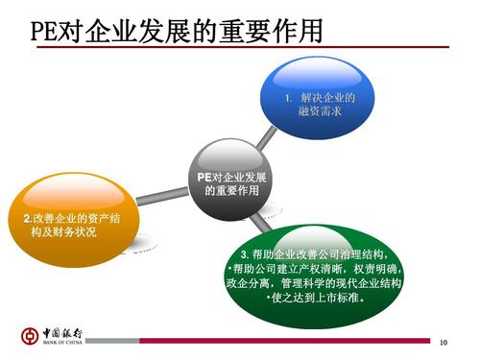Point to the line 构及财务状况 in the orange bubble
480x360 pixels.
(65, 232)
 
